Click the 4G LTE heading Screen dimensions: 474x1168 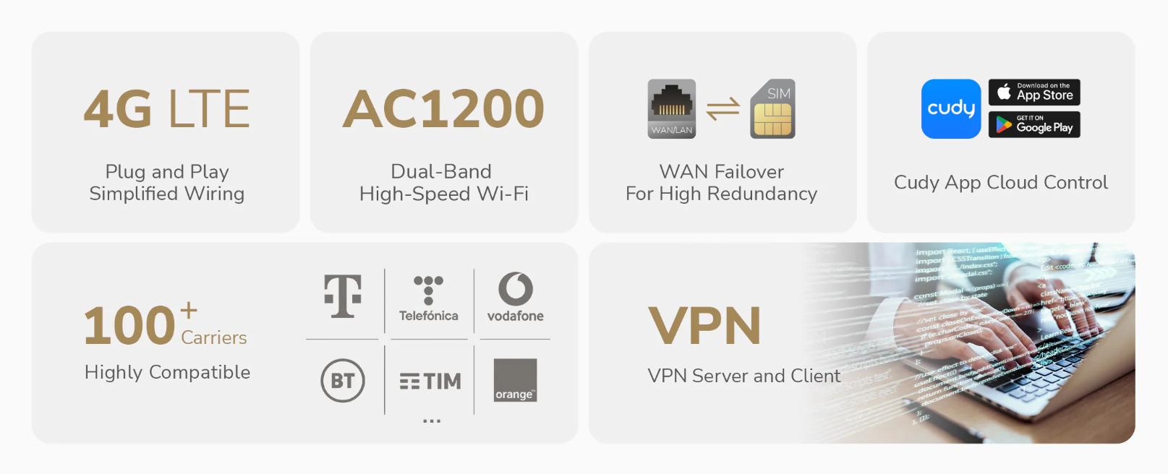pos(167,109)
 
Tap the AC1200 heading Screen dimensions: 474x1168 pos(443,109)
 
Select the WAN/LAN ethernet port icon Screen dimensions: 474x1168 pos(672,108)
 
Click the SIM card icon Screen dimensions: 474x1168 pos(772,108)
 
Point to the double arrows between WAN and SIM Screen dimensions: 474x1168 pos(722,108)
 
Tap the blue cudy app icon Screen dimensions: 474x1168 pos(951,108)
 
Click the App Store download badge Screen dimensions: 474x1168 pos(1034,92)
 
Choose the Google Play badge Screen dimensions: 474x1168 pos(1034,125)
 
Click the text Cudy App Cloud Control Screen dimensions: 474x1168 pos(1001,182)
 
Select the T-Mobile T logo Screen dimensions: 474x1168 pos(343,296)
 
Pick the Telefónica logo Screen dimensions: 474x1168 pos(428,298)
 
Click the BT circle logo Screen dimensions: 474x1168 pos(343,381)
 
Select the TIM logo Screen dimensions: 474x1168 pos(430,381)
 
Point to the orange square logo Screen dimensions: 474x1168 pos(515,380)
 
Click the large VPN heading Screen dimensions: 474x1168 pos(704,326)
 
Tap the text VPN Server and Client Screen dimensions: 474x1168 pos(744,376)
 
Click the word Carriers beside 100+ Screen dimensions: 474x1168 pos(214,337)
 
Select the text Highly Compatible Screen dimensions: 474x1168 pos(168,372)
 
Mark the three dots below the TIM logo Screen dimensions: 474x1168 pos(432,421)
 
